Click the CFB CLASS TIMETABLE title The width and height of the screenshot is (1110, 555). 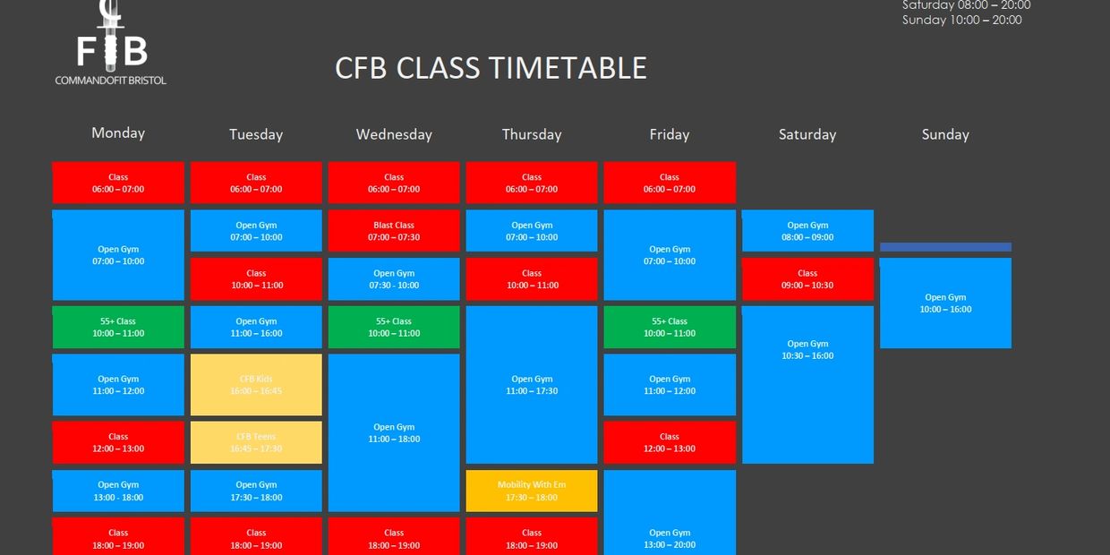pyautogui.click(x=491, y=68)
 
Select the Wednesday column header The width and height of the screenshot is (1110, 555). pyautogui.click(x=394, y=134)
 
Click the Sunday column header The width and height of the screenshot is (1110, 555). pyautogui.click(x=945, y=134)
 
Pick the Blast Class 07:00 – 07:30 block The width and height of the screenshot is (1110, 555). pyautogui.click(x=394, y=231)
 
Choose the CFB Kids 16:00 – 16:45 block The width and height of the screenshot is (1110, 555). pyautogui.click(x=256, y=385)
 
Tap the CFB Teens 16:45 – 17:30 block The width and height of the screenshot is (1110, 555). pyautogui.click(x=256, y=442)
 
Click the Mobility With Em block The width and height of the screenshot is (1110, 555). pyautogui.click(x=532, y=491)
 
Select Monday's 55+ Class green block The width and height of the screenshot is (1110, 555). pyautogui.click(x=118, y=327)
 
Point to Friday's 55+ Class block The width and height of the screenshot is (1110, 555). pyautogui.click(x=670, y=327)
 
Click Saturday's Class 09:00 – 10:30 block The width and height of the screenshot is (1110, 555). pyautogui.click(x=807, y=278)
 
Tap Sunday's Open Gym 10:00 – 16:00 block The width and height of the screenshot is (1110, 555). pyautogui.click(x=945, y=303)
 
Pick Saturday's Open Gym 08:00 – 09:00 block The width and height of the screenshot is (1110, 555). pyautogui.click(x=807, y=231)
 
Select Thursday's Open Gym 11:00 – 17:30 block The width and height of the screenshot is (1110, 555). pyautogui.click(x=532, y=385)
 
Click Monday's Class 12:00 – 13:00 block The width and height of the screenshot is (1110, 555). pyautogui.click(x=118, y=442)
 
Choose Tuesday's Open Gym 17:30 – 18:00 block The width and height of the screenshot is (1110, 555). pyautogui.click(x=256, y=491)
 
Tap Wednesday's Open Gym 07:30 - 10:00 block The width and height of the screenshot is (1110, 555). pyautogui.click(x=394, y=278)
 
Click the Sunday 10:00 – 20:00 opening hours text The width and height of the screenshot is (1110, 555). pyautogui.click(x=961, y=20)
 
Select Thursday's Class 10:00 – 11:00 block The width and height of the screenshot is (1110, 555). pyautogui.click(x=532, y=278)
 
